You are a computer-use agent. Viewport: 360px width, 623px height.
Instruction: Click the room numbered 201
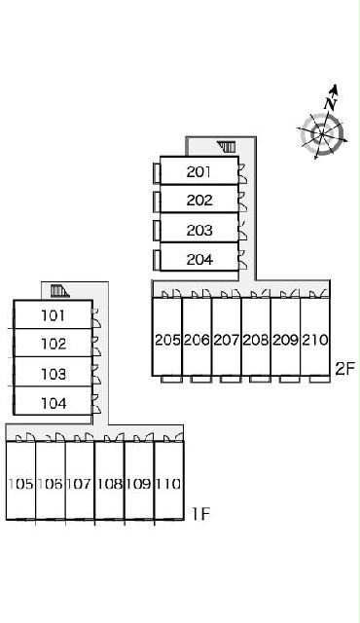point(198,170)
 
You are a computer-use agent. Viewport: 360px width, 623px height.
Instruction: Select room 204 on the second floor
point(198,257)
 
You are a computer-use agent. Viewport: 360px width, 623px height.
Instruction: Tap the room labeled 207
point(227,337)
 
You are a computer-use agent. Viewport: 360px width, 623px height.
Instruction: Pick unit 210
point(315,337)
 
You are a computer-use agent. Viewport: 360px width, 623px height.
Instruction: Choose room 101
point(54,314)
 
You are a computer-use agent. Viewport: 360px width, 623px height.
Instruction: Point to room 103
point(54,372)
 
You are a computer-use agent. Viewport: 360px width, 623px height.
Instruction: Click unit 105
point(20,480)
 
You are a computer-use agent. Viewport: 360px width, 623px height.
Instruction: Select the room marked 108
point(110,480)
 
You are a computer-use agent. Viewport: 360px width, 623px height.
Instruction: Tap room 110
point(168,480)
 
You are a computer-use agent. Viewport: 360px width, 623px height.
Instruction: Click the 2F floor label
point(344,369)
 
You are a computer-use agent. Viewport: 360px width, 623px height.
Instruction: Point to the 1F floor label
point(200,514)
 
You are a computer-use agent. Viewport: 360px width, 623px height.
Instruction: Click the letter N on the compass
point(330,104)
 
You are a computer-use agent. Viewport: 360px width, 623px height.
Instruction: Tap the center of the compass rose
point(321,133)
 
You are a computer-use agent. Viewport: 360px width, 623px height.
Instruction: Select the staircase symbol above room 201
point(227,147)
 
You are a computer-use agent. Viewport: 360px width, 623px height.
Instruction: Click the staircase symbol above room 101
point(60,291)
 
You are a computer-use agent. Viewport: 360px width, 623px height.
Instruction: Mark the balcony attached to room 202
point(157,202)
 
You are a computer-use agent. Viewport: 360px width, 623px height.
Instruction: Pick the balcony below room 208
point(260,379)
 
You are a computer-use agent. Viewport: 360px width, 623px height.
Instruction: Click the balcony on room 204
point(157,260)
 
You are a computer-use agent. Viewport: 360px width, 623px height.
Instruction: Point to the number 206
point(197,340)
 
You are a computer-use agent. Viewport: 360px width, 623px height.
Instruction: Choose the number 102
point(54,344)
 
